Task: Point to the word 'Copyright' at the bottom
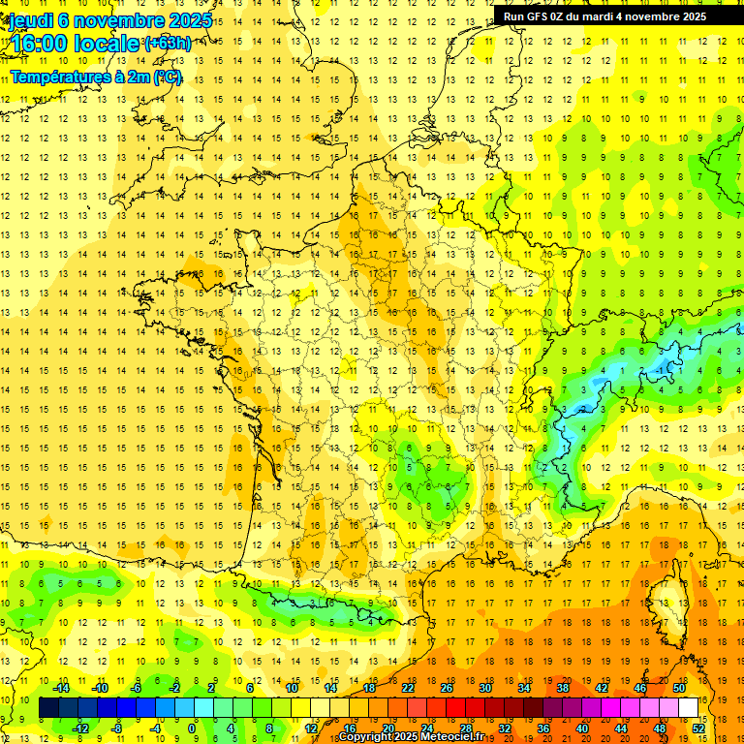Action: pyautogui.click(x=366, y=737)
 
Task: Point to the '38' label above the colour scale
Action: pyautogui.click(x=563, y=688)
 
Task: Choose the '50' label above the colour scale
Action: pyautogui.click(x=679, y=688)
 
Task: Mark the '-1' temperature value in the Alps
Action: pyautogui.click(x=659, y=370)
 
